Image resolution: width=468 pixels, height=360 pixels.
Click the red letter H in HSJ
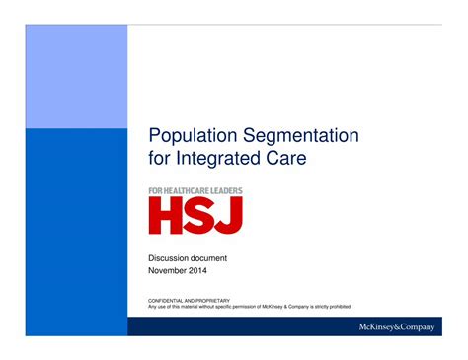coord(167,215)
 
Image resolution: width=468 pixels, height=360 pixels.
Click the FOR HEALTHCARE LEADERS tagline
coord(195,190)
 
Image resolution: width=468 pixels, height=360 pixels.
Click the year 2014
coord(197,269)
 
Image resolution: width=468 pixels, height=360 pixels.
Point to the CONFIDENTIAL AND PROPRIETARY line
coord(189,300)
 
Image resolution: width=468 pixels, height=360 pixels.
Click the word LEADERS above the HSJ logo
coord(226,190)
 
